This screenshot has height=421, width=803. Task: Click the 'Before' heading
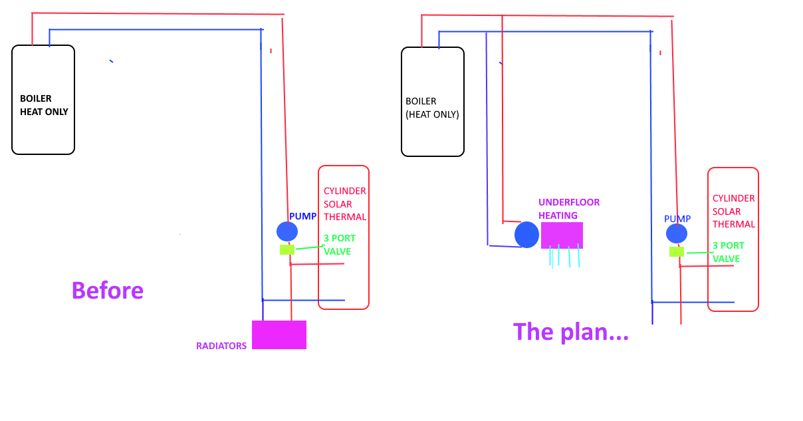point(107,291)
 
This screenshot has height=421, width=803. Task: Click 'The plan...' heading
point(570,331)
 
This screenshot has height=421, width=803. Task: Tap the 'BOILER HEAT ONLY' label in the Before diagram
point(44,105)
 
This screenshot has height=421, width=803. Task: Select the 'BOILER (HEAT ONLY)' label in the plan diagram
point(432,108)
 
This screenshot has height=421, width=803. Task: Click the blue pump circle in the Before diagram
point(287,231)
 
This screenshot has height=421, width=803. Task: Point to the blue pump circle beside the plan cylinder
point(677,233)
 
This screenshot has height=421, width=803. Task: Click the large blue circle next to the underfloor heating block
point(526,235)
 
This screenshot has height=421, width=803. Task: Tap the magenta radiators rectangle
point(279,335)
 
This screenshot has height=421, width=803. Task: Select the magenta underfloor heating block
point(562,235)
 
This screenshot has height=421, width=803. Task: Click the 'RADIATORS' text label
point(221,346)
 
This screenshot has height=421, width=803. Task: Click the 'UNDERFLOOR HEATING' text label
point(569,209)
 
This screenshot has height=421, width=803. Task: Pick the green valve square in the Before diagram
point(287,250)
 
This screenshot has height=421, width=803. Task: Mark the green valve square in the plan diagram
point(677,251)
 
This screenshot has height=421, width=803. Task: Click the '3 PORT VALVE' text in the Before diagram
point(339,245)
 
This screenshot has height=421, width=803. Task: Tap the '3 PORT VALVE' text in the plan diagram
point(729,252)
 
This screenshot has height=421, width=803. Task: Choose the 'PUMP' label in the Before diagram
point(302,217)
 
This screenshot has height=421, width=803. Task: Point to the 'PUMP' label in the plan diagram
point(677,219)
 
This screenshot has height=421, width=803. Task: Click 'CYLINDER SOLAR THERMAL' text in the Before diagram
point(344,204)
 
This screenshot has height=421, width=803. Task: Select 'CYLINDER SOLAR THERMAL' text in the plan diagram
point(734,211)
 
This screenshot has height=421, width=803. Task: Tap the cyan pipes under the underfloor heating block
point(564,255)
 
